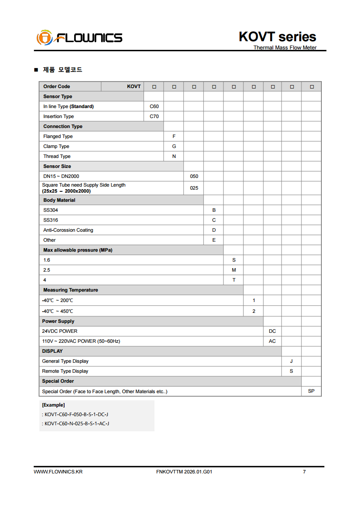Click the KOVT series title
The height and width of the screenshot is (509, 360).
[x=277, y=36]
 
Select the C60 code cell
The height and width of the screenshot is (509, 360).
[x=154, y=106]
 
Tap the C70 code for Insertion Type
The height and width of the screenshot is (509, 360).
[x=154, y=116]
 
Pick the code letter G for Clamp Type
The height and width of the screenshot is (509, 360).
[x=174, y=146]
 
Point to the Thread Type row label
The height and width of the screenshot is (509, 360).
[x=57, y=156]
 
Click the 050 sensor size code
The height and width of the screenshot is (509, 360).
[x=194, y=176]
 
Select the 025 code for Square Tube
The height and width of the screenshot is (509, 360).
[x=194, y=188]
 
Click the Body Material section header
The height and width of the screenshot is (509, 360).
[x=59, y=200]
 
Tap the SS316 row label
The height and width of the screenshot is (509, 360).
[x=51, y=220]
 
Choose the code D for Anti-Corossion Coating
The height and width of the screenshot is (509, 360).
[x=214, y=230]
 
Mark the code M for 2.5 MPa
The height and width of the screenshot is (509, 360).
[x=234, y=270]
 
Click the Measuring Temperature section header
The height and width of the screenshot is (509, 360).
[x=71, y=290]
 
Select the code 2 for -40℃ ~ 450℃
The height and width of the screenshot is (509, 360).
[x=254, y=311]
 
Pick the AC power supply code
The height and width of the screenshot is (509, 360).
[x=272, y=341]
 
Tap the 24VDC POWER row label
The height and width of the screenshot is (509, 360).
[x=60, y=331]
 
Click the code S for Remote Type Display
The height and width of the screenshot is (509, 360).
[x=291, y=371]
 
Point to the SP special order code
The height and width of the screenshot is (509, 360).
[x=311, y=391]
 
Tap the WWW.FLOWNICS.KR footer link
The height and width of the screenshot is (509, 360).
[x=58, y=472]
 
